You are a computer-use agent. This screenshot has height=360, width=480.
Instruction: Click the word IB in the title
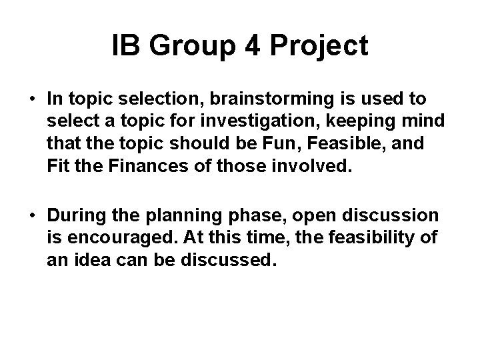[125, 46]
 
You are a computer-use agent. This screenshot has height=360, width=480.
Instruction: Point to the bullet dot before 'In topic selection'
[32, 99]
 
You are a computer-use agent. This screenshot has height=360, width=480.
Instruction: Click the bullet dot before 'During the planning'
[32, 216]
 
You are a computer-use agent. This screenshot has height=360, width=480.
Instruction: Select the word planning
[174, 216]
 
